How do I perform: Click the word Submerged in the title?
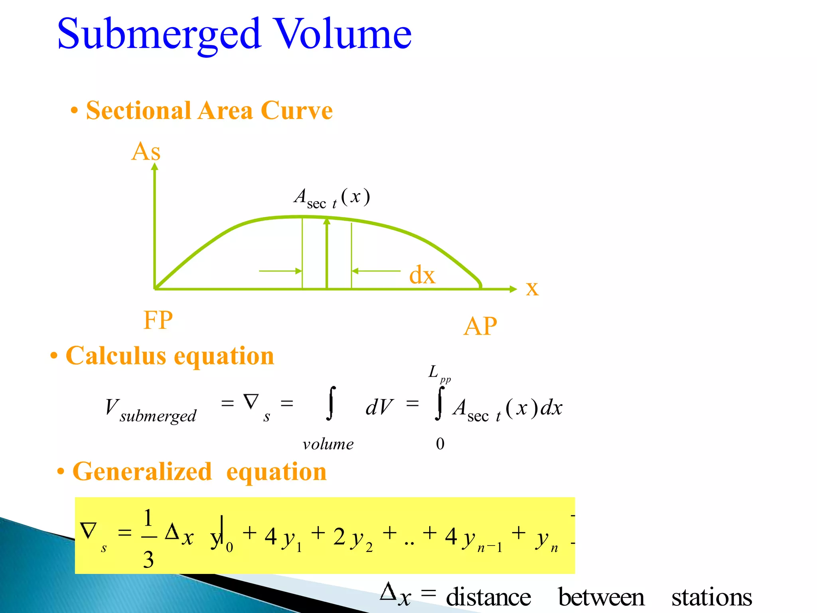point(160,35)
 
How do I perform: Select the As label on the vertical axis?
point(146,152)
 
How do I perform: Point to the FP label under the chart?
point(158,320)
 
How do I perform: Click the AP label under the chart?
point(480,326)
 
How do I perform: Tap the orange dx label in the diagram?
point(422,275)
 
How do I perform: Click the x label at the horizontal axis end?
point(532,288)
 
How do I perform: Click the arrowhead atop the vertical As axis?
point(155,166)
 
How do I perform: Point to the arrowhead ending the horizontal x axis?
point(513,289)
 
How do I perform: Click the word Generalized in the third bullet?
point(142,472)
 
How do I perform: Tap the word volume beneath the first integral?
point(328,444)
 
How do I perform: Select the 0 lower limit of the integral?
point(440,444)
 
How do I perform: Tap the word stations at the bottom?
point(712,597)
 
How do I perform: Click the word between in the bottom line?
point(601,597)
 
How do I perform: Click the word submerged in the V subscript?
point(158,416)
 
